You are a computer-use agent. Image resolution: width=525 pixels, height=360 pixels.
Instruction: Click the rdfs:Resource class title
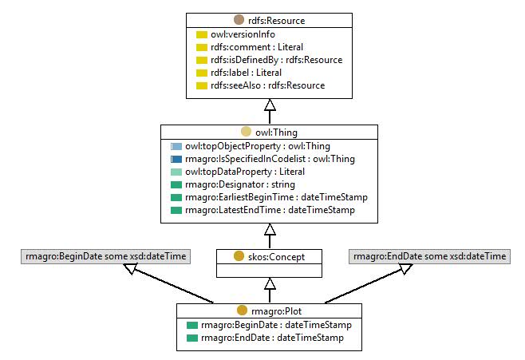tap(276, 21)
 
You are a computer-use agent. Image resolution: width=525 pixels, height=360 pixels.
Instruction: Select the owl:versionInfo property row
tap(235, 34)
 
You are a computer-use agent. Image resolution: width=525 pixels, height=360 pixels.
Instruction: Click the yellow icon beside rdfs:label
tap(202, 73)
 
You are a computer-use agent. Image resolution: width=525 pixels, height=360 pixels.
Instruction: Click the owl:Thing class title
tap(276, 133)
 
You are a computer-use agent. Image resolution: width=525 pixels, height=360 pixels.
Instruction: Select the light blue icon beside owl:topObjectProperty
tap(176, 146)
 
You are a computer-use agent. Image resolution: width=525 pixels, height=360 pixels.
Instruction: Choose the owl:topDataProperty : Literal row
tap(238, 172)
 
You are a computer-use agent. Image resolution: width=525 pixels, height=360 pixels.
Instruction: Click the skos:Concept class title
tap(276, 257)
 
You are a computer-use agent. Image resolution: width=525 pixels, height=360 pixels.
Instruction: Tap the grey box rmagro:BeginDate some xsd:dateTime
tap(105, 256)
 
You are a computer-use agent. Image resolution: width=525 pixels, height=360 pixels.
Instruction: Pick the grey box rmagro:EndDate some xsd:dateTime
tap(429, 256)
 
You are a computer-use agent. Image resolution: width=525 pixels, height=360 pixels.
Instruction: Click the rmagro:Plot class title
tap(276, 311)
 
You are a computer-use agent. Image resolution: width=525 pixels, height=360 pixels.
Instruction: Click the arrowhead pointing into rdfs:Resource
tap(270, 105)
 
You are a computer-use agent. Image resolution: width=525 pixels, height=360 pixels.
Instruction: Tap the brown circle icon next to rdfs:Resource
tap(239, 20)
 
